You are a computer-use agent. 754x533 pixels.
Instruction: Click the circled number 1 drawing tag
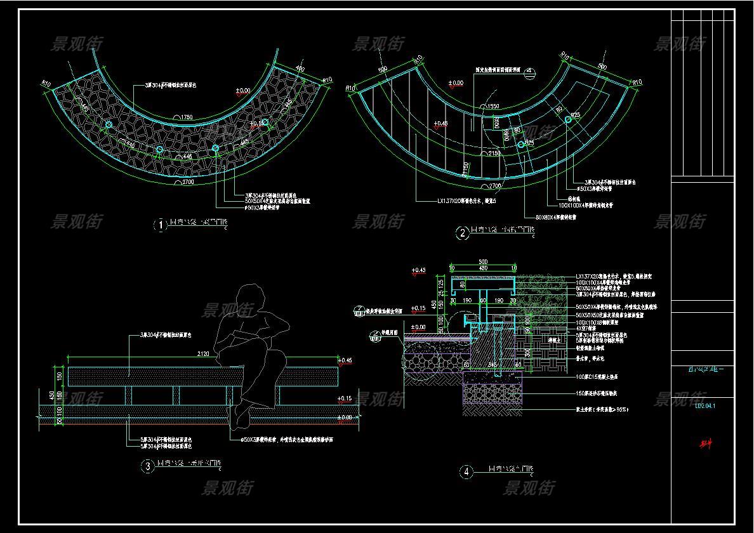pos(161,225)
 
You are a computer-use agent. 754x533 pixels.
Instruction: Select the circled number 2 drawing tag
pos(462,234)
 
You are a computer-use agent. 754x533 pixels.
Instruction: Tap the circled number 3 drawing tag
pos(147,467)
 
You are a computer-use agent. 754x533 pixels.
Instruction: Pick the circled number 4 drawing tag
pos(467,471)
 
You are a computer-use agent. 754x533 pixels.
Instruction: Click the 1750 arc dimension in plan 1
pos(187,117)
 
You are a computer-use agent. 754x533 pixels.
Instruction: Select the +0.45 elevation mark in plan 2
pos(440,124)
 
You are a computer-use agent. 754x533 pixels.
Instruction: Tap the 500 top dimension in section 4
pos(483,261)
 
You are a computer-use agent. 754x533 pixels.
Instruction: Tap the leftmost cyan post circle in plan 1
pos(109,124)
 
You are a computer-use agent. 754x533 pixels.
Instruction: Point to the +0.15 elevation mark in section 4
pos(418,309)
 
